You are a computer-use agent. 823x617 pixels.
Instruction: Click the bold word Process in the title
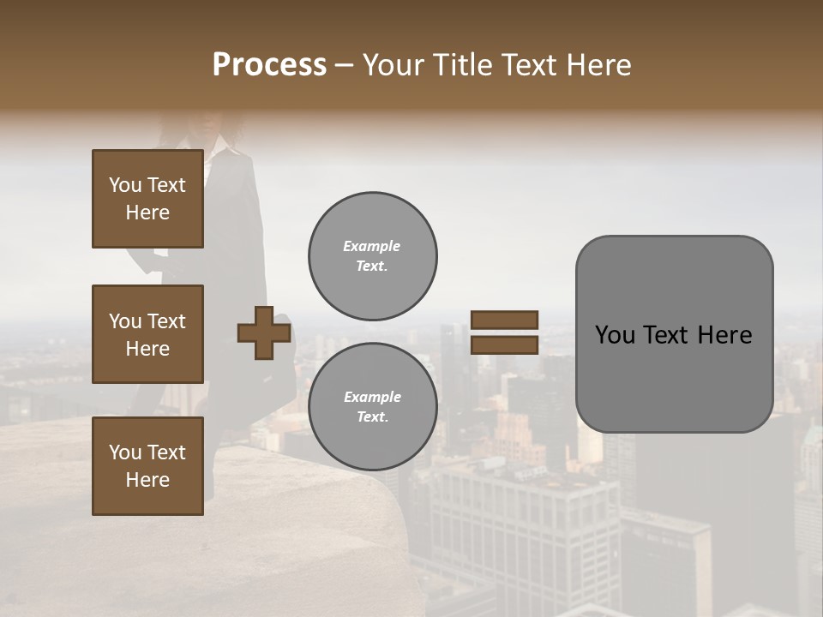click(269, 65)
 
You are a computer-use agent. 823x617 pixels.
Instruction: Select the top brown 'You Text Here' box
click(147, 199)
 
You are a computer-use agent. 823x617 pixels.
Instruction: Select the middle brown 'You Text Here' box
click(147, 334)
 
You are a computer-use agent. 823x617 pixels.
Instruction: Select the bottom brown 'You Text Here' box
click(147, 465)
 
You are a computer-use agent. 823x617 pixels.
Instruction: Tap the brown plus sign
click(264, 333)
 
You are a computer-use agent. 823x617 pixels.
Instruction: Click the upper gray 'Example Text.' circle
click(372, 256)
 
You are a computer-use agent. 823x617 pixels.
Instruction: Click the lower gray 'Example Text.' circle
click(372, 407)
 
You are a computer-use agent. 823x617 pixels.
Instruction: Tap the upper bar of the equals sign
click(505, 320)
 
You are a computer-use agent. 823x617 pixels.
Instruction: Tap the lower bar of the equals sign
click(505, 345)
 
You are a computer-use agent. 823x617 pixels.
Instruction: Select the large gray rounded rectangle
click(674, 377)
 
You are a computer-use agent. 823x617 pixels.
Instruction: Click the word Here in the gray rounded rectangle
click(724, 335)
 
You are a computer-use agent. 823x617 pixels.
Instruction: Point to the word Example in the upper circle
click(372, 246)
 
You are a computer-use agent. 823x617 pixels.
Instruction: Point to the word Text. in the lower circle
click(372, 417)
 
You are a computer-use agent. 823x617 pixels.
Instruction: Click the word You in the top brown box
click(124, 185)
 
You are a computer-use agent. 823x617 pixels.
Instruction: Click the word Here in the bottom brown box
click(147, 480)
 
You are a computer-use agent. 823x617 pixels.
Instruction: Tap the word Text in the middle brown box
click(166, 321)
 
